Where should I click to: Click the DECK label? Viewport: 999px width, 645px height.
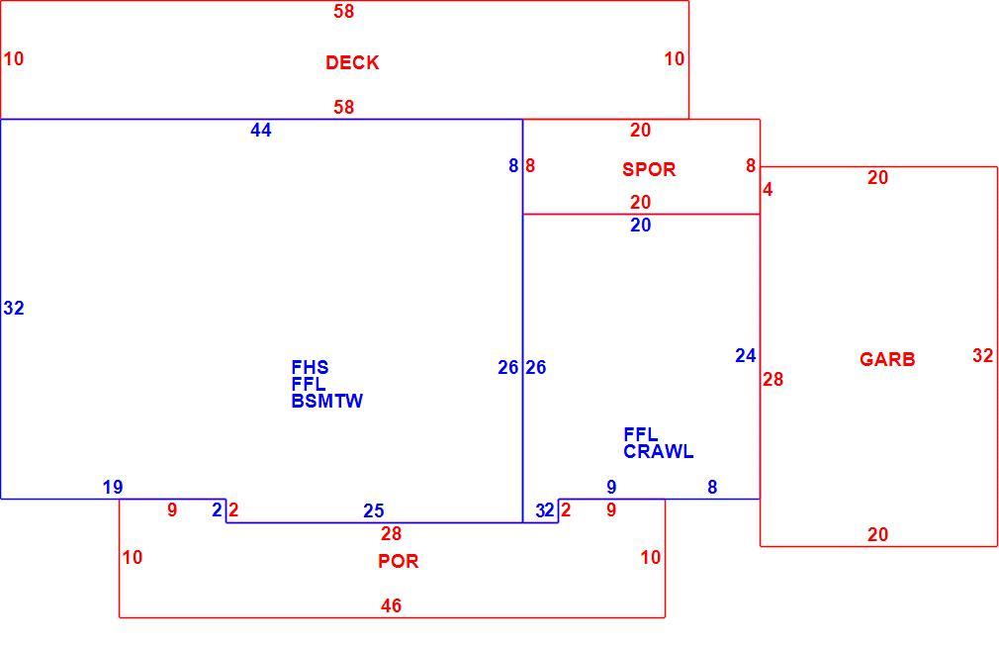coord(352,62)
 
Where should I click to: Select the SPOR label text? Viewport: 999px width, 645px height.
coord(649,169)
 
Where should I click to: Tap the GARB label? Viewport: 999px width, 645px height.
coord(887,359)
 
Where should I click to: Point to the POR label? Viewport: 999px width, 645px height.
coord(399,562)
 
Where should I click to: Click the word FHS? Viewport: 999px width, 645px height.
coord(310,368)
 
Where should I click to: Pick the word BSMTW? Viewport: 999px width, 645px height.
coord(326,401)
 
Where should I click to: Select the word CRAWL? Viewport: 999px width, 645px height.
coord(658,452)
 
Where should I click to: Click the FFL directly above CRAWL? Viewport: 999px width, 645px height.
coord(640,435)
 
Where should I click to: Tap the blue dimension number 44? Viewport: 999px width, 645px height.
coord(260,131)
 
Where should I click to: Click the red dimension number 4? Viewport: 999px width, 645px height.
coord(768,190)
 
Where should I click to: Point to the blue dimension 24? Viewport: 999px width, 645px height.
coord(746,356)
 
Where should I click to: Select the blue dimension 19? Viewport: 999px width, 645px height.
coord(113,488)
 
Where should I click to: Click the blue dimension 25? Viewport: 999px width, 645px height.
coord(374,511)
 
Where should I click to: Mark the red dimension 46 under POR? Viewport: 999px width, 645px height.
coord(391,606)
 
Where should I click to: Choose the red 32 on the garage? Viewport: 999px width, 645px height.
coord(983,356)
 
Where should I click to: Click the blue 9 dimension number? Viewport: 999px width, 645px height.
coord(611,488)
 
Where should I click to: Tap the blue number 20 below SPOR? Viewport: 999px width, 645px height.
coord(641,225)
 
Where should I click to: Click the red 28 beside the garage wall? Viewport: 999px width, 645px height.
coord(772,380)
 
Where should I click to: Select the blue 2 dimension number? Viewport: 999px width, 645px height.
coord(217,510)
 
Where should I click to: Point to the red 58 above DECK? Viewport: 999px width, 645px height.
coord(344,12)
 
